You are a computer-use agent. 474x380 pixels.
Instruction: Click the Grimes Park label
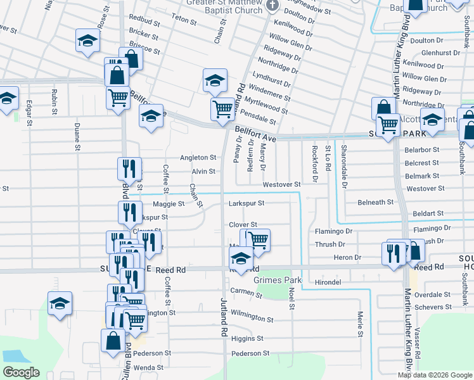click(x=277, y=279)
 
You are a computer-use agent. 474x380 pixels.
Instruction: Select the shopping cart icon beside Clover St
click(x=258, y=240)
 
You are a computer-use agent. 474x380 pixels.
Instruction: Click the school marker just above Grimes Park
click(x=241, y=258)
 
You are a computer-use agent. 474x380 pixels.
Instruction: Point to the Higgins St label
click(x=247, y=339)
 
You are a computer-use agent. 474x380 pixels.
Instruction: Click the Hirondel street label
click(x=328, y=282)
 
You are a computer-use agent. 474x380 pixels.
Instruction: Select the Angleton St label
click(x=198, y=158)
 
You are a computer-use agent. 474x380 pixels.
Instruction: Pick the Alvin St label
click(x=203, y=172)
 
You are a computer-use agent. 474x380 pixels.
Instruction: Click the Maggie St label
click(x=169, y=205)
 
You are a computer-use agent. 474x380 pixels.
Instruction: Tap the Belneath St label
click(x=376, y=202)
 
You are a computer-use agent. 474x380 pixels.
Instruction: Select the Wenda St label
click(x=148, y=367)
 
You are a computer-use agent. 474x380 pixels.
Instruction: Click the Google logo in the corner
click(x=21, y=372)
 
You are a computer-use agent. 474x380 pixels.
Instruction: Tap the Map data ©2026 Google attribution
click(x=435, y=375)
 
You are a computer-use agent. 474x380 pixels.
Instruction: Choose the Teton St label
click(x=184, y=20)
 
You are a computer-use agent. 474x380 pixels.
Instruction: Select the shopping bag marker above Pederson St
click(x=112, y=340)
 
